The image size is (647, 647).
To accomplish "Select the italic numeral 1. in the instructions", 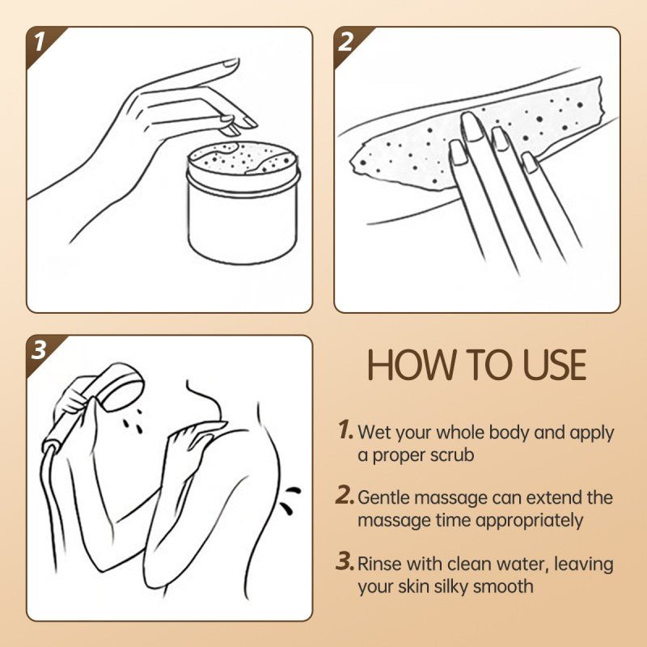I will (x=345, y=430).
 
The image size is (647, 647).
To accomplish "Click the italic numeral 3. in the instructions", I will (x=345, y=562).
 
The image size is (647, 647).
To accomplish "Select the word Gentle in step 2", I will (x=384, y=497).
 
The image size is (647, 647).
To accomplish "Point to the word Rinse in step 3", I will (x=379, y=563).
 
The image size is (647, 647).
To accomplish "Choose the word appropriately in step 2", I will (x=529, y=521).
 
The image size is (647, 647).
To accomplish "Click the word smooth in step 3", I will (x=509, y=586).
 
